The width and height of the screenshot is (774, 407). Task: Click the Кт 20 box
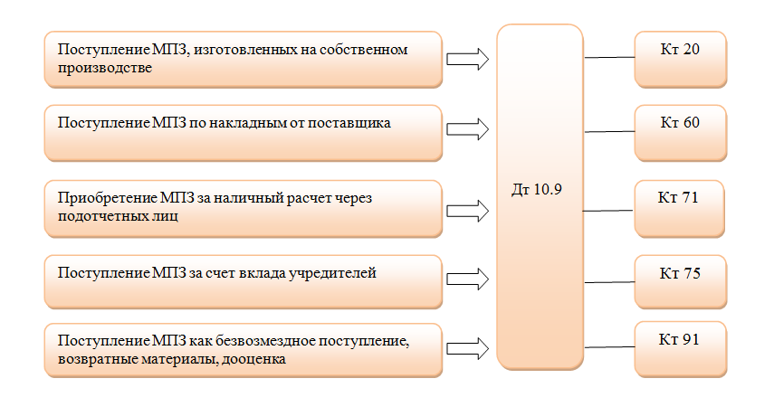pos(680,60)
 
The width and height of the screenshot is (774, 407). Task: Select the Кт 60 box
pos(680,133)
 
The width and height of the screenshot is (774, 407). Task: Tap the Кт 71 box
pos(679,209)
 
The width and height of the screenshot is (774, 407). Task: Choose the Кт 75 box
pos(680,281)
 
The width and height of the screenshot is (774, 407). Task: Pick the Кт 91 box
pos(680,349)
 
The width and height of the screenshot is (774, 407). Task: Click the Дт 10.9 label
pos(537,189)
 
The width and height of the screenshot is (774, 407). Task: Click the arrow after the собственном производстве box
pos(467,59)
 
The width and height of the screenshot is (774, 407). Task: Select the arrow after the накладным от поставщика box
pos(467,129)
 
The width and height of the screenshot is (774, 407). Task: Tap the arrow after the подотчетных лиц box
pos(467,211)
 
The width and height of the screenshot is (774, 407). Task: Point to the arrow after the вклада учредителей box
pos(467,279)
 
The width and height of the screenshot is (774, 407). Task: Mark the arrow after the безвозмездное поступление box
pos(467,349)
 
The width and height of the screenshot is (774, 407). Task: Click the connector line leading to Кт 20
pos(609,57)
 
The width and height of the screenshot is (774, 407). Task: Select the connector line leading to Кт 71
pos(608,211)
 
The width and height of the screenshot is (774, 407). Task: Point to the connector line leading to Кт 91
pos(609,346)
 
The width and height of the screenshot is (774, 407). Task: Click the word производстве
pos(105,68)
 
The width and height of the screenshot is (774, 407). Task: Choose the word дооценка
pos(253,359)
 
